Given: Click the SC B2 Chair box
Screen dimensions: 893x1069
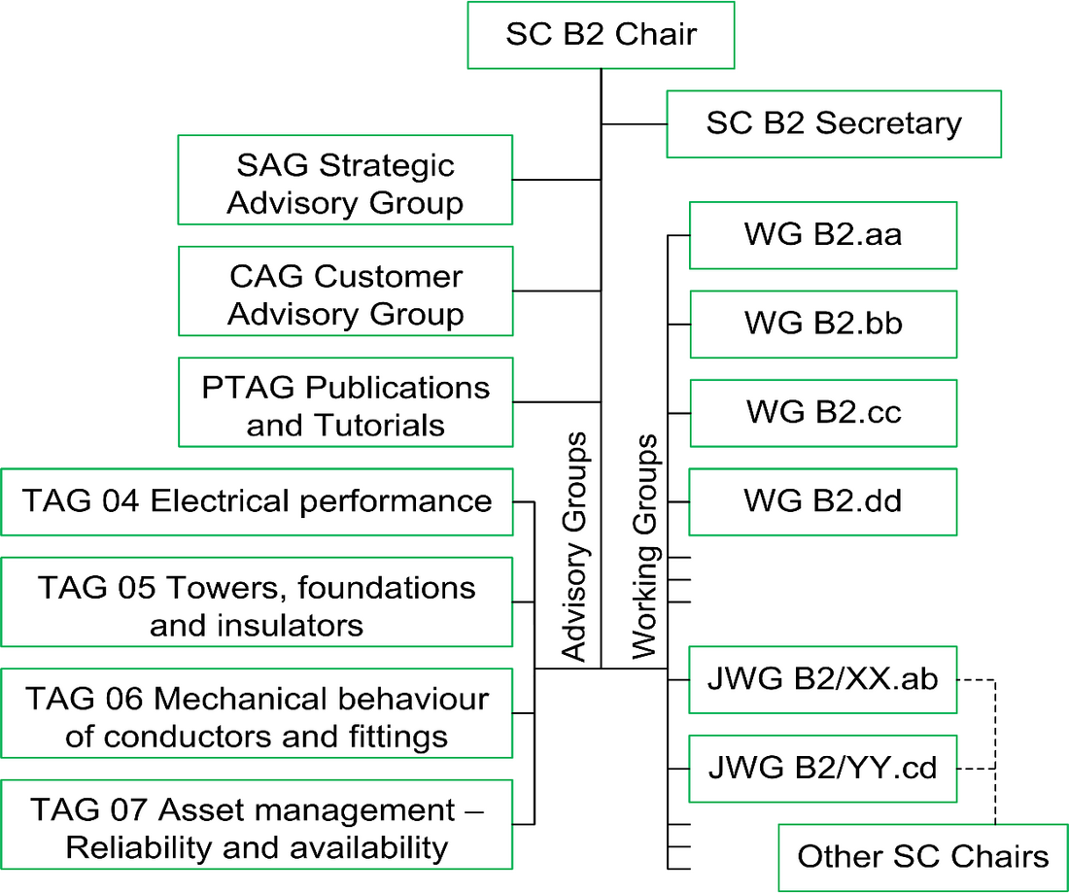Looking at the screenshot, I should point(601,35).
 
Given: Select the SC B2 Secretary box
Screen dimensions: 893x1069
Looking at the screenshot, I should point(833,123).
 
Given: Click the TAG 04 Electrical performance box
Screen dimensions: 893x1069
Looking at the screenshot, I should point(257,501).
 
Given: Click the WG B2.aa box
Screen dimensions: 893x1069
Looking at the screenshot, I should point(823,235).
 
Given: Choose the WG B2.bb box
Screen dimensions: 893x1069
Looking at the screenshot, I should point(823,324).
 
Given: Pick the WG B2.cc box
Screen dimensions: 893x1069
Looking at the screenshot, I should point(823,412).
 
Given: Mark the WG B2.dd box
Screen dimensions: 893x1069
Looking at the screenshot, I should point(823,501).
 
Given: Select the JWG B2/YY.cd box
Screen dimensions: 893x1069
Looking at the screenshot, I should point(823,769).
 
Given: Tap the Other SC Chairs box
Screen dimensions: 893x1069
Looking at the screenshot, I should point(923,857).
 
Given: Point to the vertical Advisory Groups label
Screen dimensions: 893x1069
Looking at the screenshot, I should point(576,547).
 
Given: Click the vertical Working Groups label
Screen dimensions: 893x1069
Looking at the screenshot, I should point(646,547).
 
